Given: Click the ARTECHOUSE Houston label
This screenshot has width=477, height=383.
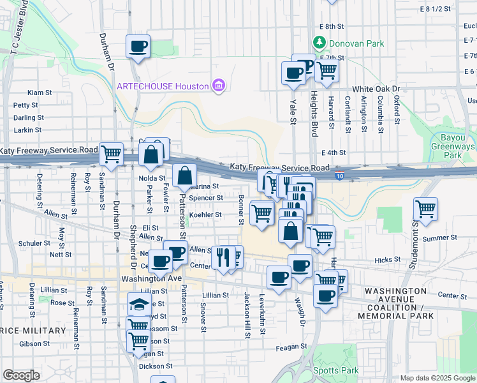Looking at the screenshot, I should click(x=162, y=86).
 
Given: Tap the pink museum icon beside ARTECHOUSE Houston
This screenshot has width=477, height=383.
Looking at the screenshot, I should click(x=219, y=86).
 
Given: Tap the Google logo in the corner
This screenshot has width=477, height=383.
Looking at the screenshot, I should click(x=21, y=375).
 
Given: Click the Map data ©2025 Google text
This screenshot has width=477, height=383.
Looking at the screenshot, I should click(x=437, y=378).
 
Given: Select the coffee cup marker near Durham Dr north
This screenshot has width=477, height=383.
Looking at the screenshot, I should click(x=138, y=46).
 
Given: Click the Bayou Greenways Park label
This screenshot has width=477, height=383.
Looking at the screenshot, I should click(x=459, y=146).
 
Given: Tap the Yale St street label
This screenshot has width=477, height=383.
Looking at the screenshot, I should click(x=293, y=112).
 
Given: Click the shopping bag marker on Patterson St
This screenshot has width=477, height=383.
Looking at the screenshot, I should click(x=184, y=175).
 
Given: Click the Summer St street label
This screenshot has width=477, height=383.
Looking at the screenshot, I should click(x=436, y=238).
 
